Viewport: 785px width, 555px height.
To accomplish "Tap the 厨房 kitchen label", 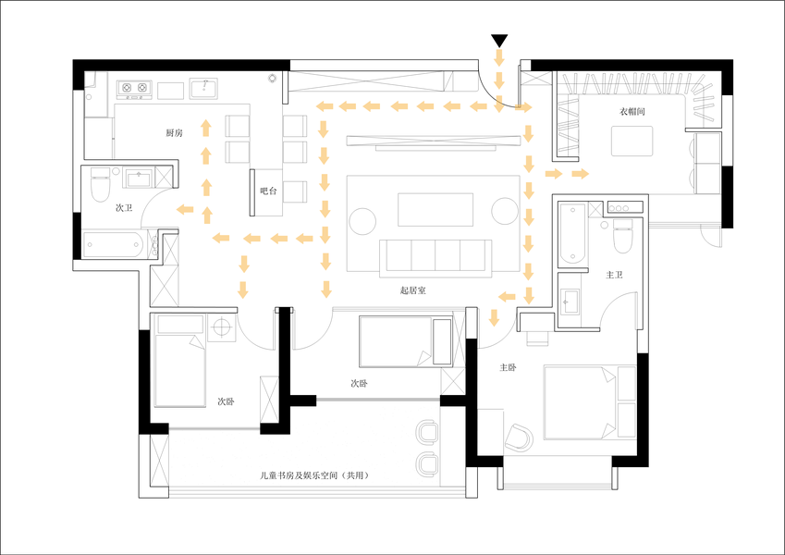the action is pyautogui.click(x=174, y=133).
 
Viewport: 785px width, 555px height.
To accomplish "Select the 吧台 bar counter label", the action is pyautogui.click(x=268, y=191).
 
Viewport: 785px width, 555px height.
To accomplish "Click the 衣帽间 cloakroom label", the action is pyautogui.click(x=632, y=111).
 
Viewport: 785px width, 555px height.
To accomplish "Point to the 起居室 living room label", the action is pyautogui.click(x=413, y=290).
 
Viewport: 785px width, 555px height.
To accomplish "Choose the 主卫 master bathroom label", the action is pyautogui.click(x=614, y=275).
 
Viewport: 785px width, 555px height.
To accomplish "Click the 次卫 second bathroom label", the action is pyautogui.click(x=124, y=207).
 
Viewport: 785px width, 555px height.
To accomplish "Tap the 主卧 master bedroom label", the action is pyautogui.click(x=508, y=367).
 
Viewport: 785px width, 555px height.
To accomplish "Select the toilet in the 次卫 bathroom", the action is pyautogui.click(x=100, y=184).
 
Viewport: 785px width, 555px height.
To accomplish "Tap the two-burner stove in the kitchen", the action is pyautogui.click(x=134, y=88).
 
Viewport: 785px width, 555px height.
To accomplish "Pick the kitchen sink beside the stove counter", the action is pyautogui.click(x=203, y=88).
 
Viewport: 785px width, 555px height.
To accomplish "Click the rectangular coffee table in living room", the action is pyautogui.click(x=435, y=209).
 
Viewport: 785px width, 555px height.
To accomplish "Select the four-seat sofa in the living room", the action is pyautogui.click(x=435, y=257).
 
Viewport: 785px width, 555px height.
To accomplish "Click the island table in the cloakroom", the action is pyautogui.click(x=632, y=142).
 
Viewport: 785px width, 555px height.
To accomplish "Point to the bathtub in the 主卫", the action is pyautogui.click(x=572, y=233).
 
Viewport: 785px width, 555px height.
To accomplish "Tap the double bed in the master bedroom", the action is pyautogui.click(x=590, y=403).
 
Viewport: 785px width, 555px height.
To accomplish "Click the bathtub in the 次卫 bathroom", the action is pyautogui.click(x=113, y=244).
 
